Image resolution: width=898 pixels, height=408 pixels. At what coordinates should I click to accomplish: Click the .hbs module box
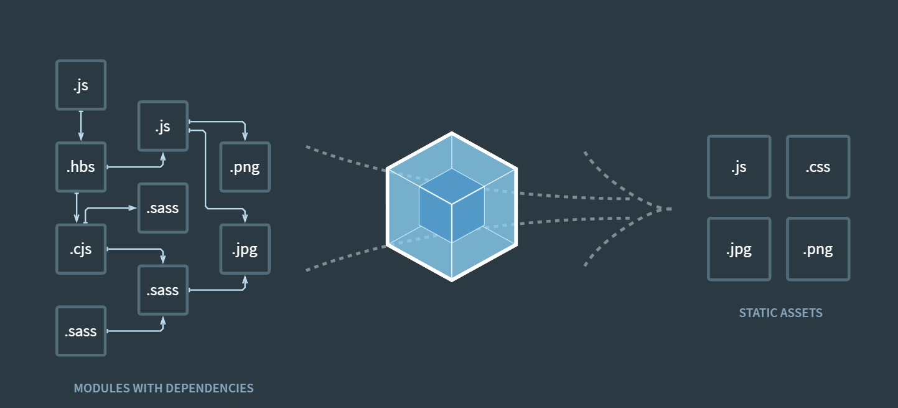pos(81,167)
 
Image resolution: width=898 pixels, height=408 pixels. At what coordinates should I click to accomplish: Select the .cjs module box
pos(81,249)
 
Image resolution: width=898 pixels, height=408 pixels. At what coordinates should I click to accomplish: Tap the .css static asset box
pos(818,167)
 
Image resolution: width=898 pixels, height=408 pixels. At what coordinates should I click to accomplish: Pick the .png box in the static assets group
pos(818,249)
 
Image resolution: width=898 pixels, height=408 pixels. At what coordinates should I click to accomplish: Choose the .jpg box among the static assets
pos(739,249)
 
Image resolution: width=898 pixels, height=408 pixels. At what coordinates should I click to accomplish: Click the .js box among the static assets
pos(739,167)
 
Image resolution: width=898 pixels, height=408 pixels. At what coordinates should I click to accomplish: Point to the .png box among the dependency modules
pos(245,167)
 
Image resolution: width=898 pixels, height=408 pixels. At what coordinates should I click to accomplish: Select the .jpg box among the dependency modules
pos(245,249)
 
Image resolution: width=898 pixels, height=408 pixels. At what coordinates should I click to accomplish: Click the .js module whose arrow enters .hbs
pos(81,85)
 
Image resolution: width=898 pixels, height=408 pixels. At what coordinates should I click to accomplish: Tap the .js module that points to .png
pos(162,126)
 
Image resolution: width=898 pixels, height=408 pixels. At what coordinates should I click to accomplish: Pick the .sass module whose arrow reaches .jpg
pos(162,290)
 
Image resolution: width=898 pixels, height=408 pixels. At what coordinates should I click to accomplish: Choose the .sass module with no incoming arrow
pos(81,331)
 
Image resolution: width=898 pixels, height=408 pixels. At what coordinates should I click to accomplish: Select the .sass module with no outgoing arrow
pos(162,208)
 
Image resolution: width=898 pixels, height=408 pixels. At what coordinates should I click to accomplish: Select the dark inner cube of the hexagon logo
pos(451,206)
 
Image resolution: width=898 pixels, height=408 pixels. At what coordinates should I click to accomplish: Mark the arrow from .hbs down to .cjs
pos(77,207)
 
